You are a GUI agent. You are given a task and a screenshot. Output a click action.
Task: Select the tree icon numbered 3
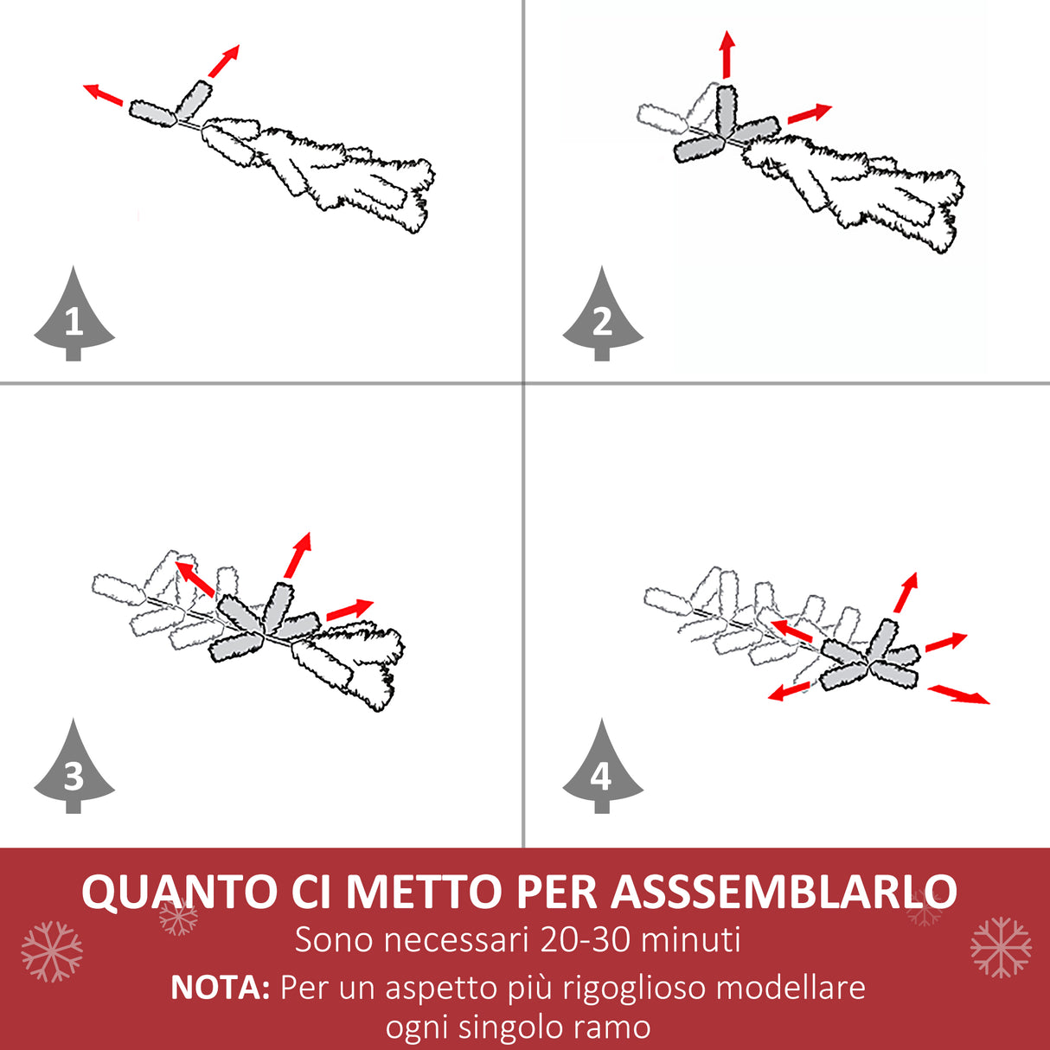pyautogui.click(x=74, y=770)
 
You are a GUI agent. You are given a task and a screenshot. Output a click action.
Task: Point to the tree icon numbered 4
pyautogui.click(x=602, y=770)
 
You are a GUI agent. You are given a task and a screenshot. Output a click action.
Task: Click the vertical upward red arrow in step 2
pyautogui.click(x=727, y=54)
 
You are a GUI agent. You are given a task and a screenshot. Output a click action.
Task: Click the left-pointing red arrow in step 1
pyautogui.click(x=103, y=94)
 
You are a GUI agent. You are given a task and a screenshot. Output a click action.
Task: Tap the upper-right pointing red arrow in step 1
pyautogui.click(x=223, y=61)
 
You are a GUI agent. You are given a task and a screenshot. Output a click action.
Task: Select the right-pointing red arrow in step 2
pyautogui.click(x=809, y=113)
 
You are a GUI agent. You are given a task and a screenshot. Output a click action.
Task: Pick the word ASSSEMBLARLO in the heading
pyautogui.click(x=784, y=893)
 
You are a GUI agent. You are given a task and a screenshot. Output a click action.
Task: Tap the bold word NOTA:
pyautogui.click(x=221, y=987)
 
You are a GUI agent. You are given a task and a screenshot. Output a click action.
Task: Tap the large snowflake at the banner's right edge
pyautogui.click(x=1001, y=947)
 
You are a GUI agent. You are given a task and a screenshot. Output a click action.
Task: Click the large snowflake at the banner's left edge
pyautogui.click(x=52, y=951)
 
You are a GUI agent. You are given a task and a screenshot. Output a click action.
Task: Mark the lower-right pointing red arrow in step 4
pyautogui.click(x=958, y=695)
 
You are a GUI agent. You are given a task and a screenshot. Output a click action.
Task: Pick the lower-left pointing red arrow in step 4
pyautogui.click(x=790, y=691)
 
